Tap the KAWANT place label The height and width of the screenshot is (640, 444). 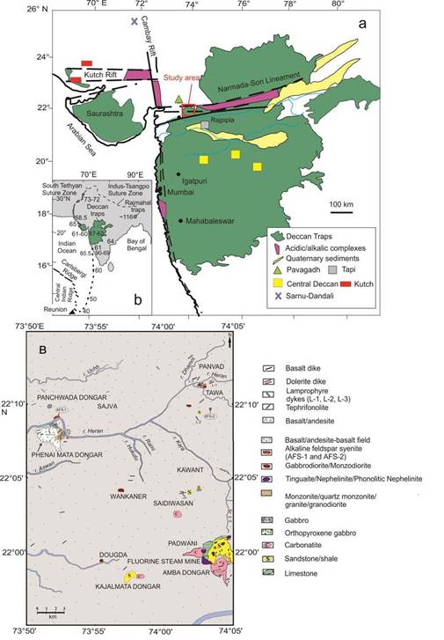click(183, 471)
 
